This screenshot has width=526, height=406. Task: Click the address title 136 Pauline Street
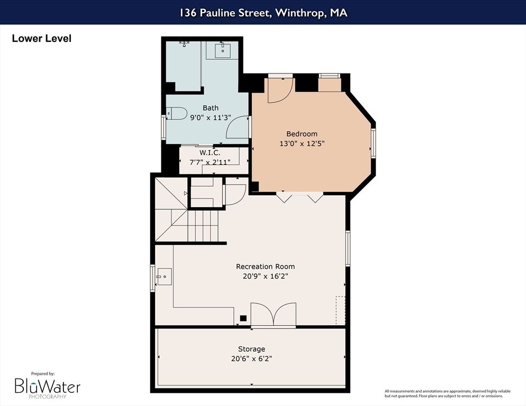coord(262,13)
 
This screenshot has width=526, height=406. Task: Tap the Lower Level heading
coord(41,39)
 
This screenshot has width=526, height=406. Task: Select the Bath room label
coord(210,108)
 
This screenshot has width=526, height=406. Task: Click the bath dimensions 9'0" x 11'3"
coord(210,118)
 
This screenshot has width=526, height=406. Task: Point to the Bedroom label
coord(302,134)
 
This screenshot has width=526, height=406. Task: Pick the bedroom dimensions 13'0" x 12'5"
coord(302,143)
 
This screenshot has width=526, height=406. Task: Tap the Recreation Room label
coord(265,266)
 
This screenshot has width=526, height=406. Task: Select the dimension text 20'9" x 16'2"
coord(265,276)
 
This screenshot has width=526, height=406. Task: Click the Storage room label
coord(251,349)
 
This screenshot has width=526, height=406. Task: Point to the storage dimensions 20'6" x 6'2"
coord(251,358)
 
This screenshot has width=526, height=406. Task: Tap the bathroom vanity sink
coord(222,51)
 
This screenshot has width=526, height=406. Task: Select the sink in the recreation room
coord(164,275)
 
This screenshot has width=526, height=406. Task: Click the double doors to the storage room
coord(273,315)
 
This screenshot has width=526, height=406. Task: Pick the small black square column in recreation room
coord(243,318)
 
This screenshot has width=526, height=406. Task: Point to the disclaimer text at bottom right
coord(448,393)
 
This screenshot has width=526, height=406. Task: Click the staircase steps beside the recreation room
coord(203,226)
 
